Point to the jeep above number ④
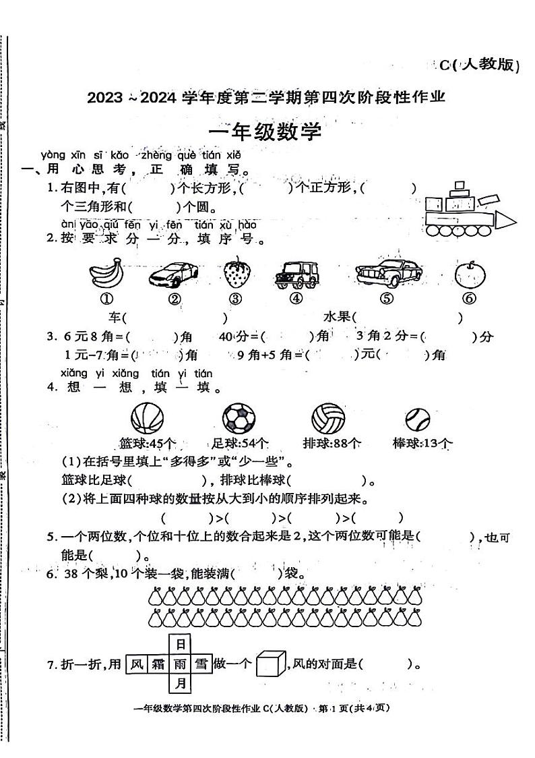(x=296, y=275)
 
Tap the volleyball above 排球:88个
(x=328, y=418)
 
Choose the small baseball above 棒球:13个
(x=418, y=419)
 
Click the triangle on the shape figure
(x=504, y=221)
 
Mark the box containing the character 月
(x=179, y=684)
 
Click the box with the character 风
(x=137, y=664)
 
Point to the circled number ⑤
(x=385, y=299)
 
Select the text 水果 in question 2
(x=336, y=316)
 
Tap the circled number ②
(x=174, y=299)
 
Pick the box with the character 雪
(x=201, y=664)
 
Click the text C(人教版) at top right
(x=480, y=65)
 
